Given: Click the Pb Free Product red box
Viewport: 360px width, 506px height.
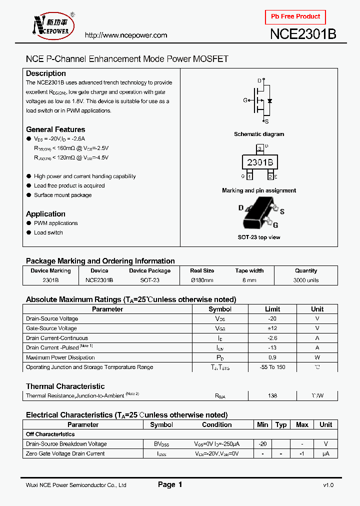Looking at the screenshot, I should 295,17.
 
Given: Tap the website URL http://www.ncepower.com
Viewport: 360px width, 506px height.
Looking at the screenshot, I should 125,35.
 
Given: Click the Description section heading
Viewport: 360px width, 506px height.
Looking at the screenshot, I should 46,73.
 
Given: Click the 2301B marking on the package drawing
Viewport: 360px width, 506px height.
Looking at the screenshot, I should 259,162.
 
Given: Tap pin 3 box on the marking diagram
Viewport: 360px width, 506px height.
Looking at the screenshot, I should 259,149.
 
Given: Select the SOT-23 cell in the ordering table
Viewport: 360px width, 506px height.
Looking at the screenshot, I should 149,280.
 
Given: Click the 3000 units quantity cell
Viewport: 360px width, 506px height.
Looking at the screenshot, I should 305,280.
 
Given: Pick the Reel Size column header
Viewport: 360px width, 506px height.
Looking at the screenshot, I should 202,270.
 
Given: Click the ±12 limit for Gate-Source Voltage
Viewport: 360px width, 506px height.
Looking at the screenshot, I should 272,328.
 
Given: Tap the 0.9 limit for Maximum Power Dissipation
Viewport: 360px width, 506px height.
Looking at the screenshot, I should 272,357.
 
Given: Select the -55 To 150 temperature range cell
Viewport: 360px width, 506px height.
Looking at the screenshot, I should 272,367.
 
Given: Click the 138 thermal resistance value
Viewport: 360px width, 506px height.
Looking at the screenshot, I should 272,395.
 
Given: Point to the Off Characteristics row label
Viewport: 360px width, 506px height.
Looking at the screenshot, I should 50,434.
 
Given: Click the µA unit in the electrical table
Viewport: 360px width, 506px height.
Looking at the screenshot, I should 325,453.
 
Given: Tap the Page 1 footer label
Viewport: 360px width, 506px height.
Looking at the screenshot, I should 170,484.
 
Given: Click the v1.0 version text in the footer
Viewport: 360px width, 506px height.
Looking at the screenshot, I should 328,485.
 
